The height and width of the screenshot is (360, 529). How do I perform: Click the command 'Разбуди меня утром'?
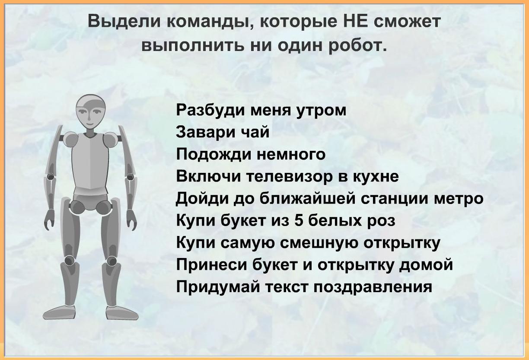[x=261, y=111]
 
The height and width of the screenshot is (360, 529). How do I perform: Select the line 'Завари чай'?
[x=223, y=132]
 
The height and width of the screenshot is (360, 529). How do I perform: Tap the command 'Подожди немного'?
[x=251, y=155]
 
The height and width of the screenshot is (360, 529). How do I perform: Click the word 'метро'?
[x=459, y=199]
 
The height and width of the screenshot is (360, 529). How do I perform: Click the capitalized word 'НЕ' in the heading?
[x=354, y=21]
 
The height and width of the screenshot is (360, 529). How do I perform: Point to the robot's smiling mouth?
[x=89, y=124]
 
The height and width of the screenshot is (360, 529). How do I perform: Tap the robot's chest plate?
[x=90, y=161]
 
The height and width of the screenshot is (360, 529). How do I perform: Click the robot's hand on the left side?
[x=49, y=219]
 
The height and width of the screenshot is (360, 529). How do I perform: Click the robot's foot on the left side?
[x=59, y=312]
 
